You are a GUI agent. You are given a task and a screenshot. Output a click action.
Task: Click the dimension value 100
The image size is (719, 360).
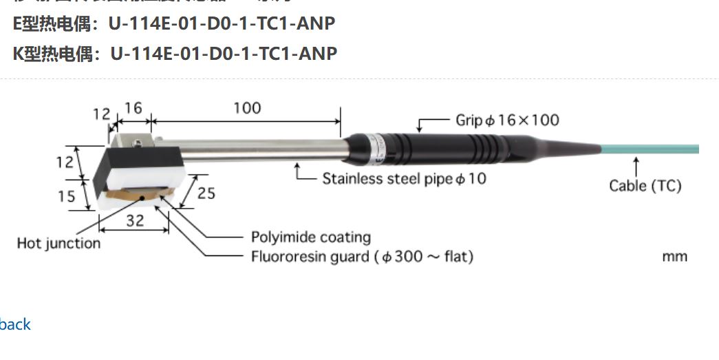click(247, 108)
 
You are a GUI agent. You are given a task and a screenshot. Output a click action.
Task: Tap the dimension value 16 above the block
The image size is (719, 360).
click(133, 108)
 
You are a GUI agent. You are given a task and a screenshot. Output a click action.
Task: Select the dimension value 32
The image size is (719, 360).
click(135, 221)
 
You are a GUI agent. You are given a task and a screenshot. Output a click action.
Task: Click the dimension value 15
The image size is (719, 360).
click(66, 196)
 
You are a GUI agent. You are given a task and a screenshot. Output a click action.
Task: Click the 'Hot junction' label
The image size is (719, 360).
click(58, 243)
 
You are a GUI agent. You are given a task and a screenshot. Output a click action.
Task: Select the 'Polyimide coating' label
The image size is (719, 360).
click(311, 237)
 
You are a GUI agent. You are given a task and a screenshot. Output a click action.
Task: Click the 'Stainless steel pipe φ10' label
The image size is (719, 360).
click(405, 179)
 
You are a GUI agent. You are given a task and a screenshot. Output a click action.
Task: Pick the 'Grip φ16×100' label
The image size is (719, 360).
click(508, 120)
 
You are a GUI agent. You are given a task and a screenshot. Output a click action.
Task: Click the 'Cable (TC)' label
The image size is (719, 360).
click(645, 186)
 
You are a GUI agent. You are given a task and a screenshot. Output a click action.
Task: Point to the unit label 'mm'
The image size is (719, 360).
click(674, 257)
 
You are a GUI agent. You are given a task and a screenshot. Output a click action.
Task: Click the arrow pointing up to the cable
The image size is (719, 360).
click(636, 165)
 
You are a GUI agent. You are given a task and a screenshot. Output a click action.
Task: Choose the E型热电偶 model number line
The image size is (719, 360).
click(175, 23)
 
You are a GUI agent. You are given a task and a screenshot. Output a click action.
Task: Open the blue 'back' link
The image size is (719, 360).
click(15, 324)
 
